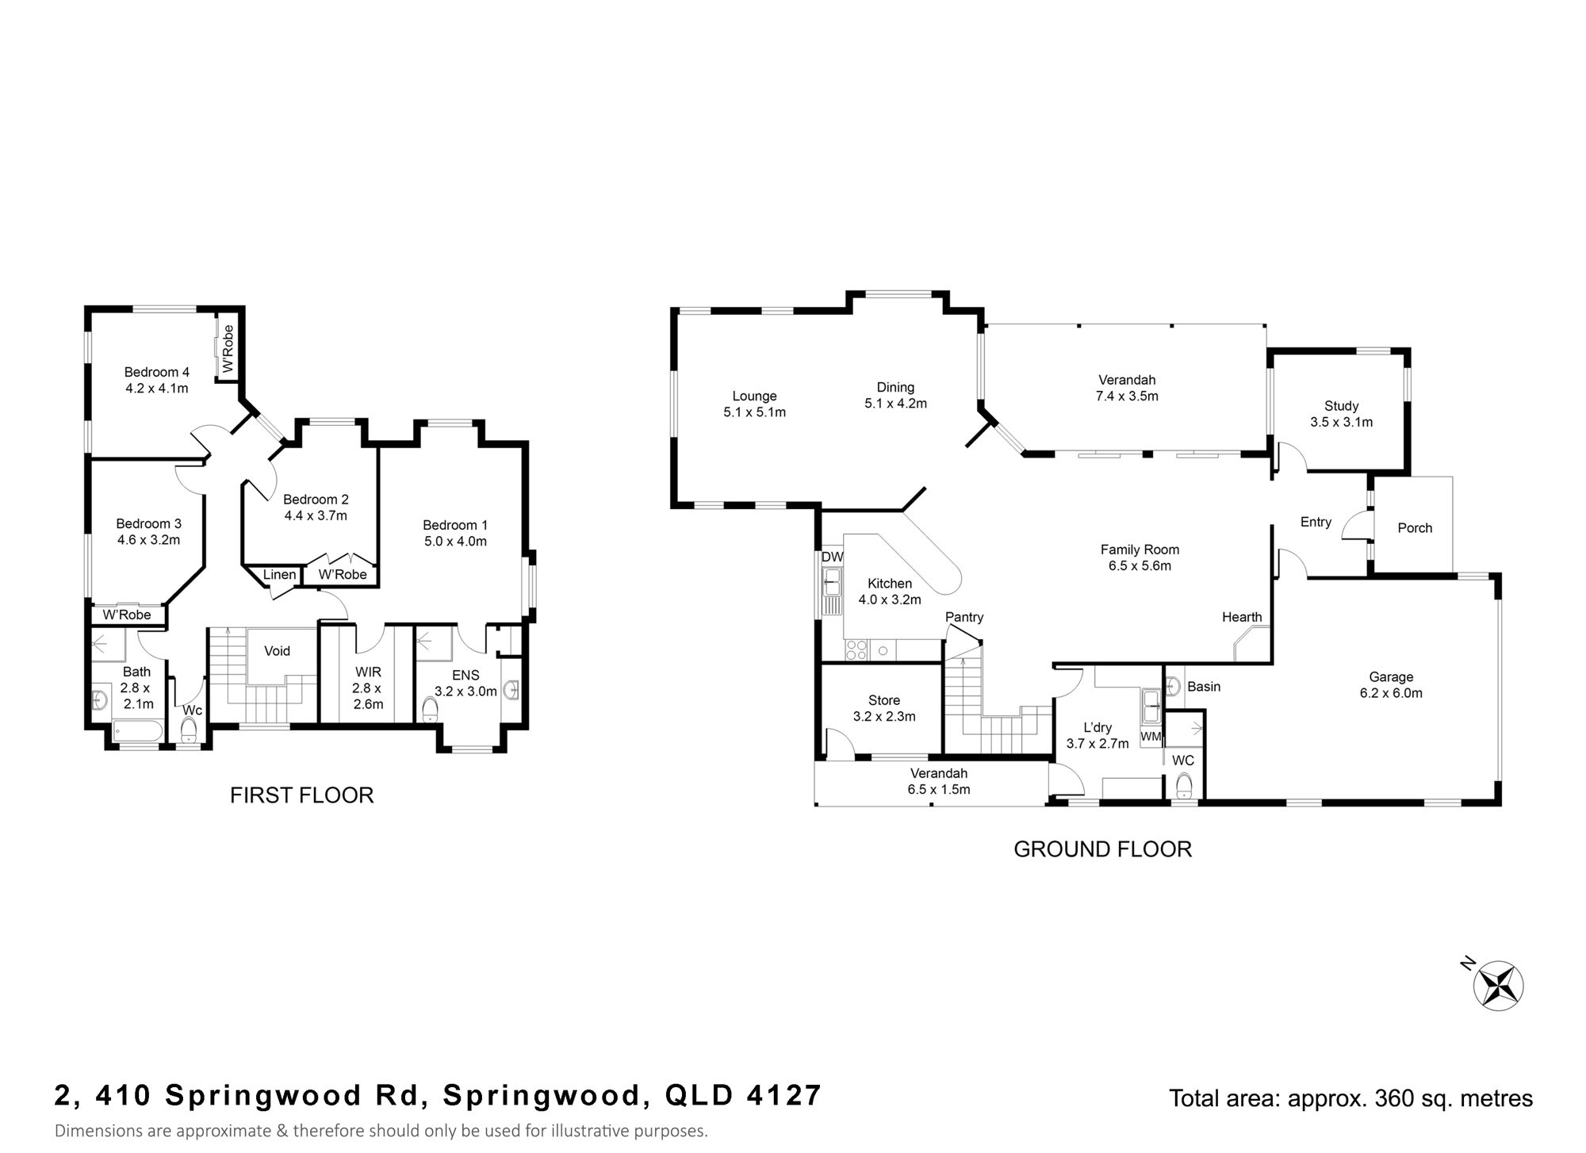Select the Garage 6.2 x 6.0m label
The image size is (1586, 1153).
[1391, 685]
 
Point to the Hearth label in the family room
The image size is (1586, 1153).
[1242, 617]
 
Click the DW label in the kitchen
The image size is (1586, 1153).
[832, 557]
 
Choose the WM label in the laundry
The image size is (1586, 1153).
[1151, 737]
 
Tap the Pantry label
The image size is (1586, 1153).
[964, 617]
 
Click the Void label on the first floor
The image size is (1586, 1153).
[277, 651]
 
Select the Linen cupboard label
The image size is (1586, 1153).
[279, 575]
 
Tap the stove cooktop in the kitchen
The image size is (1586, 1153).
[856, 650]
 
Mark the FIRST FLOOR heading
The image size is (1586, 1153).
[301, 795]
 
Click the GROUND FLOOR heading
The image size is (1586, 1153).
[1103, 849]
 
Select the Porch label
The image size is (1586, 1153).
[1415, 528]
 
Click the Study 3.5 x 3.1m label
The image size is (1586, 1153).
[1341, 414]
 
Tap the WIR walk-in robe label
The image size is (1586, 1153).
[368, 688]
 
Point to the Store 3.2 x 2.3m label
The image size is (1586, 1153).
[884, 708]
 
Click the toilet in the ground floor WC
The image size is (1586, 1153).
[1184, 786]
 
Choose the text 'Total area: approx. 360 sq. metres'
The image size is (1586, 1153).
[1351, 1098]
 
